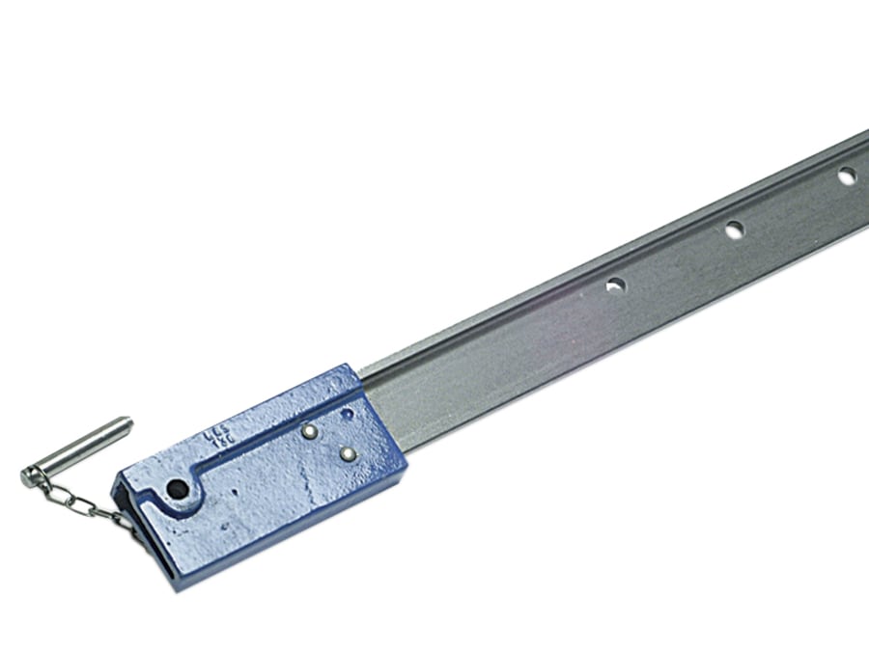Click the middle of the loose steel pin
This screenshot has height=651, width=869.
coord(77,448)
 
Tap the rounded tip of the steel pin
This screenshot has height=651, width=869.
coord(126,422)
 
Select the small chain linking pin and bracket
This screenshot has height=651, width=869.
coord(77,501)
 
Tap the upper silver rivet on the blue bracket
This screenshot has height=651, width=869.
coord(308,431)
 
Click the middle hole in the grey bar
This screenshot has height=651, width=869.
coord(734,230)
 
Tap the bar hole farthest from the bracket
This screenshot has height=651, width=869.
coord(846,176)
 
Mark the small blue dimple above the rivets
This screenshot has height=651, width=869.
coord(346,414)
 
